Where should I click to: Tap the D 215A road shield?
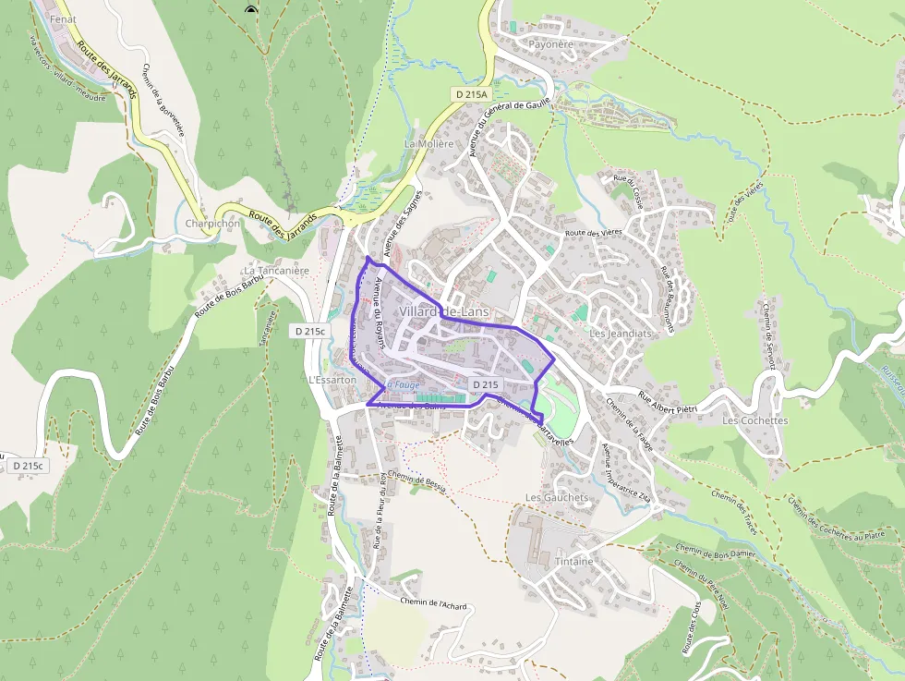point(471,94)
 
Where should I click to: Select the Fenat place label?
point(63,18)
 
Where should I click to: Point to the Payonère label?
point(550,43)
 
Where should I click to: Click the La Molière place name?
point(428,143)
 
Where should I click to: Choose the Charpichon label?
point(212,224)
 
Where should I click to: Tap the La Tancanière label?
point(274,271)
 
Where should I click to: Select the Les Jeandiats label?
point(620,333)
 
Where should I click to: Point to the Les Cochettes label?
point(754,420)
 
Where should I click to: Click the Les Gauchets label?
point(556,497)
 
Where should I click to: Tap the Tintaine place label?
point(574,561)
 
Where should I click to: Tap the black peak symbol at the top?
point(250,10)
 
